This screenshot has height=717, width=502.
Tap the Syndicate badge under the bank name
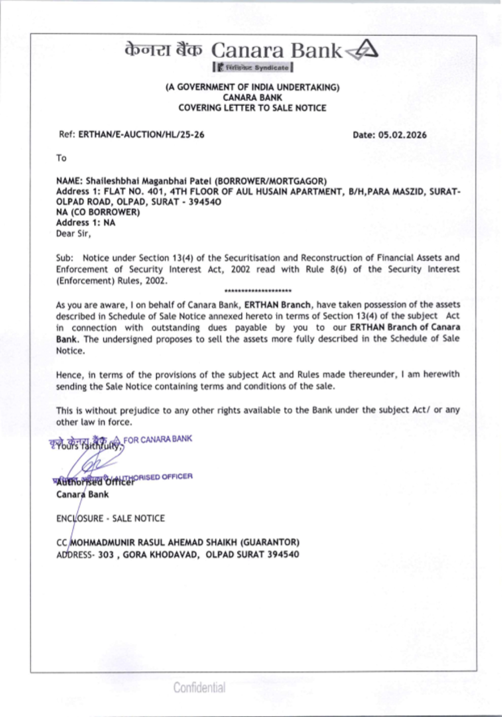tap(253, 67)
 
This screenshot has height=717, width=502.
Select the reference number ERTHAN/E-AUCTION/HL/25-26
tap(141, 135)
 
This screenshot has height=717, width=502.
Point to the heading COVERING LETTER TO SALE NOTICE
tap(252, 108)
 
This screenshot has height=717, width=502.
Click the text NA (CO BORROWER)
tap(98, 212)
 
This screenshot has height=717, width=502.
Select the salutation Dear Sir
tap(73, 234)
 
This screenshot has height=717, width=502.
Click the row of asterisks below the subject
tap(258, 291)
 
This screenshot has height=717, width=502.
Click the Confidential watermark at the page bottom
tap(199, 687)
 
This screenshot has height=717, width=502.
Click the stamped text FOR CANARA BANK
tap(158, 440)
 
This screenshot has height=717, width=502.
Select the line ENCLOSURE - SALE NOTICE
tap(110, 518)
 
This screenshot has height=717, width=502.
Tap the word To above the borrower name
tap(61, 158)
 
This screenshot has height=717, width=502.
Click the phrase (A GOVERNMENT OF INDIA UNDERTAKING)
tap(253, 87)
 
